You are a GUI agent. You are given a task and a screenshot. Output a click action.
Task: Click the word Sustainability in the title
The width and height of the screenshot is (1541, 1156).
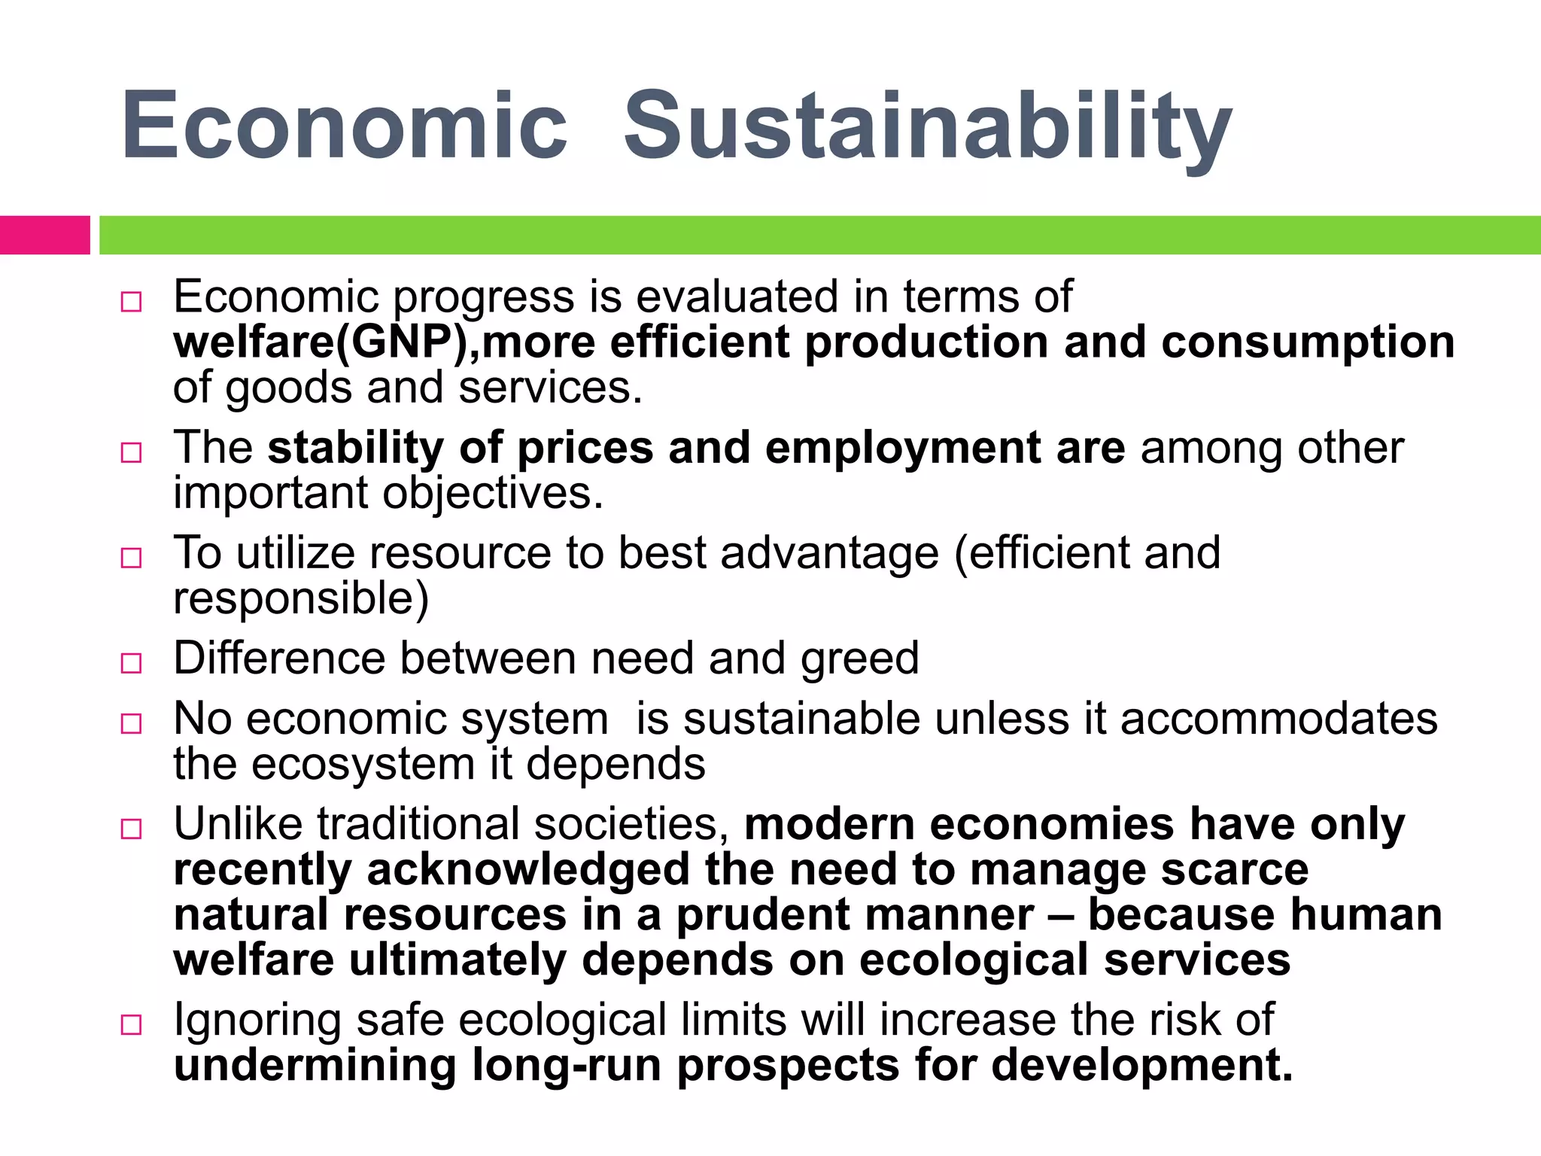927,126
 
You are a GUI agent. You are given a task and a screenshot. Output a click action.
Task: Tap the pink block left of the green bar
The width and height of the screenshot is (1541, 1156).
44,235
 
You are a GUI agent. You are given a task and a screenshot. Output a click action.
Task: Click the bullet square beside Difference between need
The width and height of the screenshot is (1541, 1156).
131,663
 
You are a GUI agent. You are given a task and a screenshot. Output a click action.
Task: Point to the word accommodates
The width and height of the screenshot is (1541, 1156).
1278,719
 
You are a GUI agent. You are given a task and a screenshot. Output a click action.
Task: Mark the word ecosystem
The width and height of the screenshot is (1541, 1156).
363,765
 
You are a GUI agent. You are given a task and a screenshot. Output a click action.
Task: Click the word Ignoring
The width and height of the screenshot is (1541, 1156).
257,1021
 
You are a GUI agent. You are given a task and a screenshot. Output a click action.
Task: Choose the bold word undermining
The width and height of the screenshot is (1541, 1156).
315,1066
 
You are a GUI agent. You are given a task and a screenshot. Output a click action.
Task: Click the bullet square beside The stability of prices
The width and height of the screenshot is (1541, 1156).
131,452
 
